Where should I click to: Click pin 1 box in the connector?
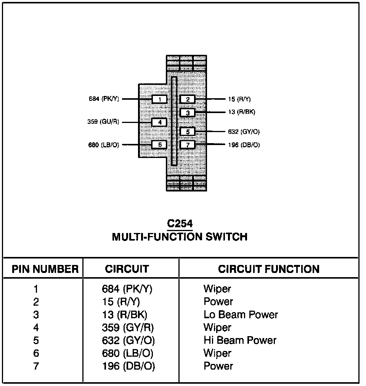pyautogui.click(x=159, y=99)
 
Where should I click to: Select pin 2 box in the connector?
pyautogui.click(x=188, y=99)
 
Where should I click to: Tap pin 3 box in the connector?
pyautogui.click(x=188, y=113)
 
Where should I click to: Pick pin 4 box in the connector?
pyautogui.click(x=159, y=122)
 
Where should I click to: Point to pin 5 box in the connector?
pyautogui.click(x=188, y=132)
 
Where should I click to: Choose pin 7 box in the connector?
pyautogui.click(x=188, y=145)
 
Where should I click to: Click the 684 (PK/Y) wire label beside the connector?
pyautogui.click(x=104, y=99)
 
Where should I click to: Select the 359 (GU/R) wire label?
pyautogui.click(x=103, y=122)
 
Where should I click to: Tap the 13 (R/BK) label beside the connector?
pyautogui.click(x=242, y=112)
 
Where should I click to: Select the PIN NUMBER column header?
pyautogui.click(x=45, y=270)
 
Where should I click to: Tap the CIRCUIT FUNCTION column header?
pyautogui.click(x=268, y=270)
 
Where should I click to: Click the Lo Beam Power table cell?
pyautogui.click(x=241, y=315)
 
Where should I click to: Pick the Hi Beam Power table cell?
pyautogui.click(x=240, y=340)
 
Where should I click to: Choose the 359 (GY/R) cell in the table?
pyautogui.click(x=128, y=327)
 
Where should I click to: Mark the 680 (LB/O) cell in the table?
pyautogui.click(x=128, y=353)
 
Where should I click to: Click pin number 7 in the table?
pyautogui.click(x=36, y=366)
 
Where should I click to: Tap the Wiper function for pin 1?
pyautogui.click(x=217, y=289)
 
